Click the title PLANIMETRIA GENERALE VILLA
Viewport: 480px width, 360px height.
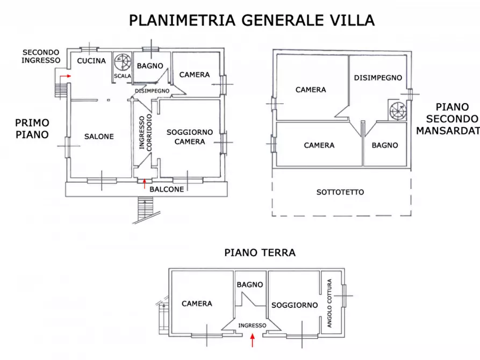coord(252,20)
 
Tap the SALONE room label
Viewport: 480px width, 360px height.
coord(99,136)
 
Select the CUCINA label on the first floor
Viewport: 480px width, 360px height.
coord(91,61)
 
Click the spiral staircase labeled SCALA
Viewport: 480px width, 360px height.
coord(122,62)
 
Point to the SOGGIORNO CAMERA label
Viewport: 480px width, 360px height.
coord(190,136)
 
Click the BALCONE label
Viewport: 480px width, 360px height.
coord(167,189)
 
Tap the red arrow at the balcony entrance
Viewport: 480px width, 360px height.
coord(144,183)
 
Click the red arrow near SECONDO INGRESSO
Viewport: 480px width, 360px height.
coord(66,77)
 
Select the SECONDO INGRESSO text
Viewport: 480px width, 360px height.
coord(41,56)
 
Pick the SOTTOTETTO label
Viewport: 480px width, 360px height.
coord(340,192)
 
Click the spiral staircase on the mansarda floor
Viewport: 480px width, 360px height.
coord(398,110)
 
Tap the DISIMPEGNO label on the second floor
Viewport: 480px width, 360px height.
coord(378,77)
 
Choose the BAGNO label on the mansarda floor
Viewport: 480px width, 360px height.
coord(385,145)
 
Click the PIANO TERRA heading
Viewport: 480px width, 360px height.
coord(260,253)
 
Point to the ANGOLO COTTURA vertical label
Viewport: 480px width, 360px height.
coord(329,303)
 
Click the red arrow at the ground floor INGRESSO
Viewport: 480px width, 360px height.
coord(252,339)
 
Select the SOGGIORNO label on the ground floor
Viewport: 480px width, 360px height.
coord(295,305)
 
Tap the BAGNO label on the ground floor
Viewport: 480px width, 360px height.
coord(250,284)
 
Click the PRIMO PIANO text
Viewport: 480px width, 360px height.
coord(33,129)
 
